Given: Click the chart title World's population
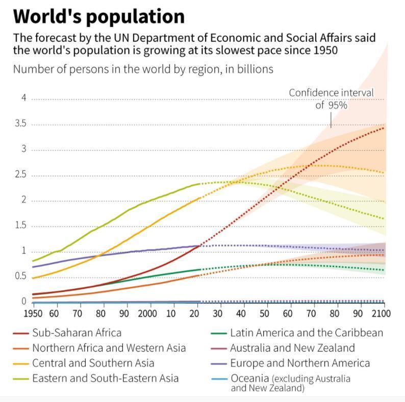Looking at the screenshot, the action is tap(99, 17).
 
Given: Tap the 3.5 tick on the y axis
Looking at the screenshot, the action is tap(20, 123).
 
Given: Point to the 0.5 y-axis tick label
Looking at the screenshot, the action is tap(20, 276).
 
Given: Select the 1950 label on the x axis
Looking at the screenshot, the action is tap(33, 313).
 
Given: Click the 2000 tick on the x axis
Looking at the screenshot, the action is tap(147, 313).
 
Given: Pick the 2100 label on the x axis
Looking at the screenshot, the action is tap(381, 313).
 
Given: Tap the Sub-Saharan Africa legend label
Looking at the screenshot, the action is tap(77, 333).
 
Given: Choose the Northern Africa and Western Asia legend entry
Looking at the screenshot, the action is tap(109, 348).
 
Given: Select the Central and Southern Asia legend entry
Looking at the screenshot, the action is tap(93, 363).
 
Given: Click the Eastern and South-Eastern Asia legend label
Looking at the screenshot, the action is tap(106, 379).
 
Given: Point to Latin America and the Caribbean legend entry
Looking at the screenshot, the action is tap(307, 333).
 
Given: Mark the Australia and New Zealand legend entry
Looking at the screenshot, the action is tap(292, 348).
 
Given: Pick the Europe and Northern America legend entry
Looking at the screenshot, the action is tap(300, 363).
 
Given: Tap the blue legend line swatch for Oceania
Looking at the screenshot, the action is tap(219, 379).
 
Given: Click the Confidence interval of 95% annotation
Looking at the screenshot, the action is tap(331, 99).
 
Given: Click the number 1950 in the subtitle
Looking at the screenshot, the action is tap(325, 50).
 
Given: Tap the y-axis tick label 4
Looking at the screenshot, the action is tap(24, 98).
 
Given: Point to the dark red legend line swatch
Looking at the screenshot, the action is tap(21, 333).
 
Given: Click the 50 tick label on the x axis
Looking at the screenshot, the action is tap(264, 313).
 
